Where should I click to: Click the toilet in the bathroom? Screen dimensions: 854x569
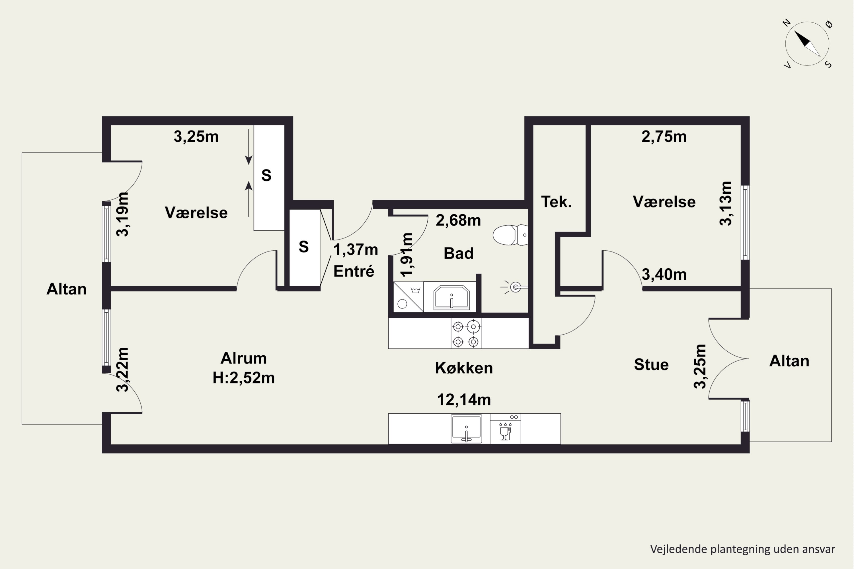pyautogui.click(x=510, y=235)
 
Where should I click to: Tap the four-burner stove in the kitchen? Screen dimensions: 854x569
pyautogui.click(x=466, y=333)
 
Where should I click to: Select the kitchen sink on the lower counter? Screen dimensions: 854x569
pyautogui.click(x=467, y=428)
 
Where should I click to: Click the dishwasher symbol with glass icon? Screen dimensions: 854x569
pyautogui.click(x=506, y=428)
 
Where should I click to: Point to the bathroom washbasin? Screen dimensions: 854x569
pyautogui.click(x=451, y=298)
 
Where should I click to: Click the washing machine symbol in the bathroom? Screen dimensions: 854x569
pyautogui.click(x=408, y=297)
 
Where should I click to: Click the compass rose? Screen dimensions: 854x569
pyautogui.click(x=807, y=44)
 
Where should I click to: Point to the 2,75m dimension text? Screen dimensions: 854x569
pyautogui.click(x=664, y=137)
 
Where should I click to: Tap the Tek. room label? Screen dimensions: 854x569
pyautogui.click(x=556, y=202)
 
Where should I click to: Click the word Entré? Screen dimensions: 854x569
pyautogui.click(x=354, y=271)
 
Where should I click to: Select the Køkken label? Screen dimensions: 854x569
pyautogui.click(x=464, y=368)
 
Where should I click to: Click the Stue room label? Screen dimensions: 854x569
pyautogui.click(x=651, y=364)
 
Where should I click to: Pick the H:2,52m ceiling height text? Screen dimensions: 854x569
pyautogui.click(x=243, y=378)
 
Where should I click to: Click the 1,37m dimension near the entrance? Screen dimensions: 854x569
pyautogui.click(x=356, y=250)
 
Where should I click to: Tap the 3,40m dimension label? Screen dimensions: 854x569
pyautogui.click(x=664, y=275)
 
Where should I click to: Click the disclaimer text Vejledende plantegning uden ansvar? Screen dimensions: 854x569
pyautogui.click(x=742, y=549)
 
